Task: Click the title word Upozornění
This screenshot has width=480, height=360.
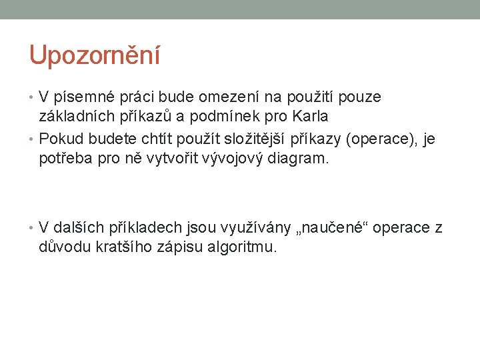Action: click(95, 56)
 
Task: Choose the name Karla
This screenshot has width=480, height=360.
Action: click(307, 117)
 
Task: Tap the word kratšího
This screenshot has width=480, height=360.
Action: click(122, 247)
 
